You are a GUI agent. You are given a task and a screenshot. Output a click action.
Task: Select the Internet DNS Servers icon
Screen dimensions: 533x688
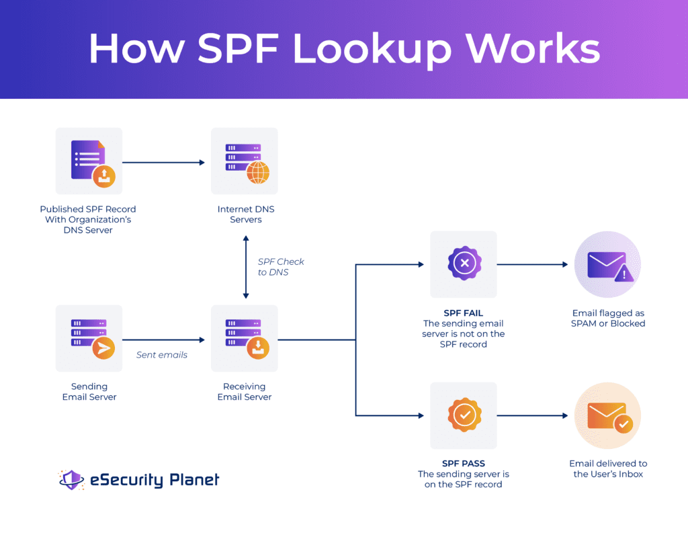(245, 161)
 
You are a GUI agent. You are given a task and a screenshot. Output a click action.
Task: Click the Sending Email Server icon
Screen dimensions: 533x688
(89, 338)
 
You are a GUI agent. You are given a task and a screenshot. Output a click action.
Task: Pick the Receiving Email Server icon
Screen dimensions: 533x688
(245, 338)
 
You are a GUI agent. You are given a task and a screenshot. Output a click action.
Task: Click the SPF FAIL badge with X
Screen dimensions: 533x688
(464, 264)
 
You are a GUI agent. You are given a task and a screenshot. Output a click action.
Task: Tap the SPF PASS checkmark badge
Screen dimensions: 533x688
(464, 415)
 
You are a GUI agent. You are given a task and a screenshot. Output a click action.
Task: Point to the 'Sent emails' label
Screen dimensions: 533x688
(162, 355)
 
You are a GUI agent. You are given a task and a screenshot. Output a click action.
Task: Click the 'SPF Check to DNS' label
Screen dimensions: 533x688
(281, 266)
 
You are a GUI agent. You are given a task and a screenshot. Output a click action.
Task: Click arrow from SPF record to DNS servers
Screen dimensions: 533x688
(163, 162)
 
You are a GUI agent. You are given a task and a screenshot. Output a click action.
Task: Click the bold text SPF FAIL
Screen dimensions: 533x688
(463, 313)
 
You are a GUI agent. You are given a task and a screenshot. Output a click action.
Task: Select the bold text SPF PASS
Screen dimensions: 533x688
(463, 464)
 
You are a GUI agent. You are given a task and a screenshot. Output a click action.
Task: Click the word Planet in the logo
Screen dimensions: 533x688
(193, 480)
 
